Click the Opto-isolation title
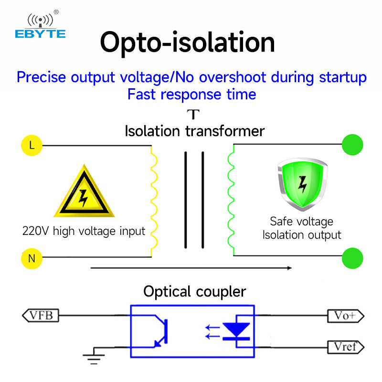187,42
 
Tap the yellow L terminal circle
32,146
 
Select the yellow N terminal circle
32,259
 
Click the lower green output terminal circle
352,258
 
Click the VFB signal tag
41,315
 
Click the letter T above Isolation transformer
193,115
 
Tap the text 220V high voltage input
84,232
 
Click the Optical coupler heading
195,291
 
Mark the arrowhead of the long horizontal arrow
289,268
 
